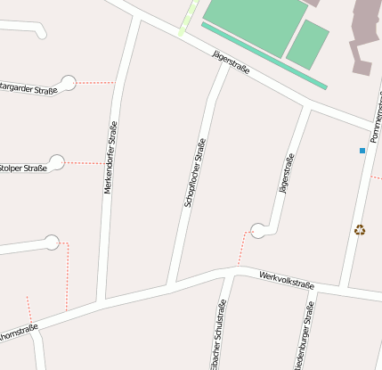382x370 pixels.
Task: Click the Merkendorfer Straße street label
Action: [110, 158]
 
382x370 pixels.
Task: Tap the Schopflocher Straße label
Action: [195, 173]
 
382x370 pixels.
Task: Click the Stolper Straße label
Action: [23, 168]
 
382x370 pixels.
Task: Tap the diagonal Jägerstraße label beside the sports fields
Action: [232, 62]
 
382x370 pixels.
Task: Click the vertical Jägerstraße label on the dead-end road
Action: [286, 174]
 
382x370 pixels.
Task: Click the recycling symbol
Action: [360, 229]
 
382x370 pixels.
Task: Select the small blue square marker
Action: [362, 151]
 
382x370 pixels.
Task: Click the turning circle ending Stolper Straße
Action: [57, 162]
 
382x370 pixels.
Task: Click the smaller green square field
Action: [307, 44]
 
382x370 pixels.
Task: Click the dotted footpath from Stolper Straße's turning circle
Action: [85, 163]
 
